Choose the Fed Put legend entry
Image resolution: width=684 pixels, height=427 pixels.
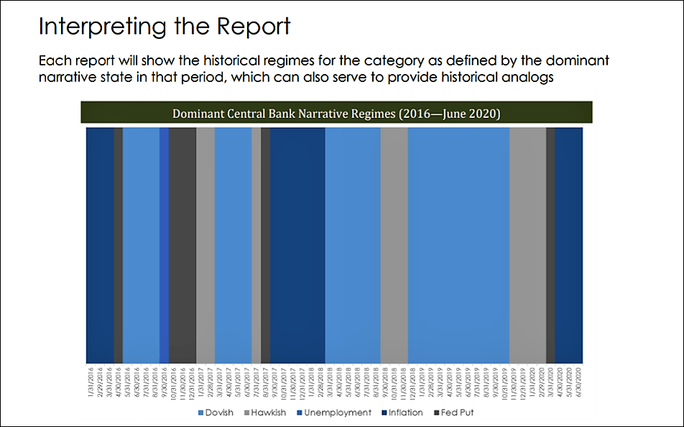(x=454, y=413)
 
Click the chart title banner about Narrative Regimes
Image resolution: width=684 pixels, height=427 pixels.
(x=336, y=114)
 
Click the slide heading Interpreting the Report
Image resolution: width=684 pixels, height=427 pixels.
(x=165, y=27)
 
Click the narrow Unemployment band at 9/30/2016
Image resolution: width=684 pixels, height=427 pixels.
(x=164, y=244)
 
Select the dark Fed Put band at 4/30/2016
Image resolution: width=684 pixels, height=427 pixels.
(x=119, y=244)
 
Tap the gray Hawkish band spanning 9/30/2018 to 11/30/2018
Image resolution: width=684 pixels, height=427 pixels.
(x=394, y=244)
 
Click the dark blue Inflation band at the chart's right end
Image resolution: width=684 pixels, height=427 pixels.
(x=569, y=244)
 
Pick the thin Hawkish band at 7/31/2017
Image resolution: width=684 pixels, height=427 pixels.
(x=256, y=244)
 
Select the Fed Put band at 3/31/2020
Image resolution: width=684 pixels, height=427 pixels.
(x=550, y=244)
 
